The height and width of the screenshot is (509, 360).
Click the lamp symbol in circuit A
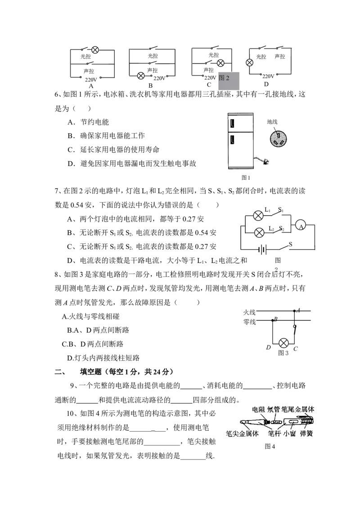click(x=95, y=49)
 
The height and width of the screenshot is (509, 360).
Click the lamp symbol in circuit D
click(x=250, y=63)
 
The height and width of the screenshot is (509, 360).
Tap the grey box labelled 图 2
click(x=229, y=80)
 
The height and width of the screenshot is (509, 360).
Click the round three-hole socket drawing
click(x=279, y=138)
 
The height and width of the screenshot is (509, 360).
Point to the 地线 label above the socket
click(x=272, y=122)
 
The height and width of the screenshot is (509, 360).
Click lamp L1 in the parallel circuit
click(x=258, y=215)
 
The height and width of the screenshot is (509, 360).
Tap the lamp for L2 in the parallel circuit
click(x=259, y=232)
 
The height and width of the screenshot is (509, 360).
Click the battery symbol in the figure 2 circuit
click(x=262, y=250)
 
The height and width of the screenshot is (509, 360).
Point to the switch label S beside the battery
click(x=290, y=244)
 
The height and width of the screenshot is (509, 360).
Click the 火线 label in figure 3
click(x=250, y=313)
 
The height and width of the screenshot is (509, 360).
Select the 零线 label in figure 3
click(x=250, y=321)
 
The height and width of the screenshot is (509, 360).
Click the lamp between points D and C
click(x=284, y=343)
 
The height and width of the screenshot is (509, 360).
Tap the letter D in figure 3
click(x=268, y=348)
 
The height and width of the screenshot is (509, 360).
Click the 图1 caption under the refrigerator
click(x=246, y=178)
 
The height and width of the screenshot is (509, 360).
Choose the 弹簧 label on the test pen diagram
click(x=306, y=434)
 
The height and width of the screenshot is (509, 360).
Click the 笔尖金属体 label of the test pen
click(x=242, y=434)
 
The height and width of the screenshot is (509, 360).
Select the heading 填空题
click(x=90, y=372)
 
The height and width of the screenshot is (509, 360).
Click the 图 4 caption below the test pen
click(x=270, y=446)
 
